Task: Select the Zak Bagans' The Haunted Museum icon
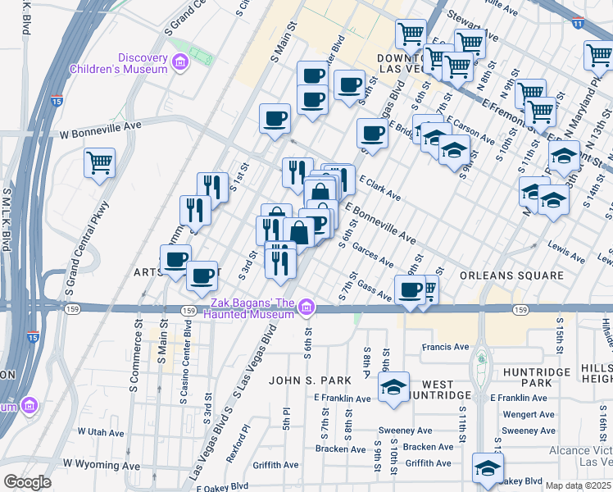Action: click(x=306, y=307)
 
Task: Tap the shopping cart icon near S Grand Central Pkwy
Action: click(x=99, y=162)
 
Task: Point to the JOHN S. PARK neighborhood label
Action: click(x=311, y=380)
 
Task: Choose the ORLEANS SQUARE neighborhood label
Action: click(x=512, y=276)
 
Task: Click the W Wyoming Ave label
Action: click(x=102, y=463)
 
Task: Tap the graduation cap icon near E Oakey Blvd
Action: click(x=488, y=467)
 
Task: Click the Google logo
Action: click(x=27, y=482)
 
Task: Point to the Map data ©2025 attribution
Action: click(x=577, y=485)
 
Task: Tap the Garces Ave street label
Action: click(x=375, y=257)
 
